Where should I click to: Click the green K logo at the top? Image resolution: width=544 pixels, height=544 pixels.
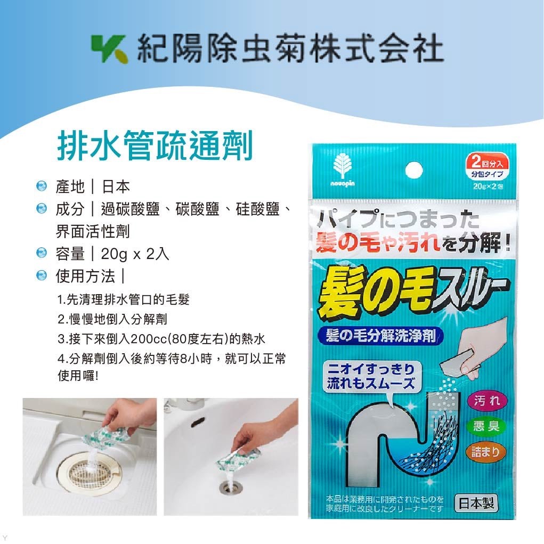(x=109, y=48)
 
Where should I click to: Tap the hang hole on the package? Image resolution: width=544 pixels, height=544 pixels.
(x=413, y=171)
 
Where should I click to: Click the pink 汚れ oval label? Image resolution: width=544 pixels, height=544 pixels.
(x=486, y=401)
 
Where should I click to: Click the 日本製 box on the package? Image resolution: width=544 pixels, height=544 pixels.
(x=476, y=502)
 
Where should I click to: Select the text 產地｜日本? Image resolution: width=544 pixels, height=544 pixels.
(x=93, y=186)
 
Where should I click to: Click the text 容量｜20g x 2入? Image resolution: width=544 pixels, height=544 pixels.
(x=112, y=254)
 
